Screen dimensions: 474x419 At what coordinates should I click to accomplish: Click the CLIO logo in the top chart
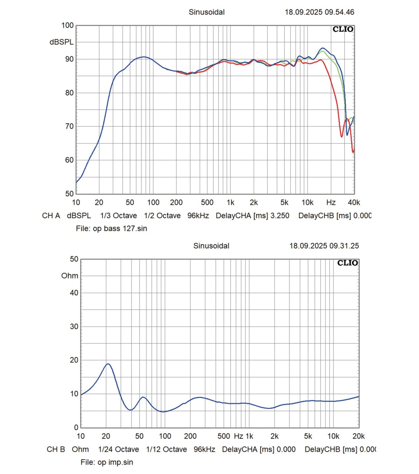click(343, 29)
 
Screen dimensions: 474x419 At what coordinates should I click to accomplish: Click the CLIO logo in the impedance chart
click(348, 263)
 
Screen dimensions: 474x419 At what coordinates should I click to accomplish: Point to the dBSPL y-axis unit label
click(61, 42)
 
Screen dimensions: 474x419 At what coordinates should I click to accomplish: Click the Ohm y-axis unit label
click(70, 276)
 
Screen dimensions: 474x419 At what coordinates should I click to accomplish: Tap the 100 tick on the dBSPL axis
click(67, 25)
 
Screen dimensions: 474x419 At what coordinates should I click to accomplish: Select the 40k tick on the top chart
click(354, 203)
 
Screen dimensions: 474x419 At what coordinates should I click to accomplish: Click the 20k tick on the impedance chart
click(359, 436)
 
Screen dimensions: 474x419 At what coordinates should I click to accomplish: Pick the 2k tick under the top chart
click(254, 203)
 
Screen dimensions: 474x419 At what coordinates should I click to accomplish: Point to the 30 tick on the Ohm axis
click(74, 326)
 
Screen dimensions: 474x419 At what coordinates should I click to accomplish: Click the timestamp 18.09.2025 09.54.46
click(319, 12)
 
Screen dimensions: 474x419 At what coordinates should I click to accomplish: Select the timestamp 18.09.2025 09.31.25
click(324, 246)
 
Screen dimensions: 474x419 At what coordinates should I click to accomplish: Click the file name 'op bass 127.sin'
click(120, 228)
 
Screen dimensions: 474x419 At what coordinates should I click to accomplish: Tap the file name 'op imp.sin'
click(115, 462)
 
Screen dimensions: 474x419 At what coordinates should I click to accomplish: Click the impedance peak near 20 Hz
click(108, 364)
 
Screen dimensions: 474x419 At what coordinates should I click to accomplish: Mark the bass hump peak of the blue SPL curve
click(144, 57)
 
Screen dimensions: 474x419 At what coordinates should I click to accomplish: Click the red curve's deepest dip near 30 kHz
click(342, 137)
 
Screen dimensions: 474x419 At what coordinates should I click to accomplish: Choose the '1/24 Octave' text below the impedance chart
click(118, 449)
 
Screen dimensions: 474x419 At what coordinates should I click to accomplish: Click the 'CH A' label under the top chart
click(51, 216)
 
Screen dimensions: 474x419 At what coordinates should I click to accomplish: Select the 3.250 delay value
click(280, 216)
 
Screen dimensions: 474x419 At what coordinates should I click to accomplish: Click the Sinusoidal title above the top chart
click(207, 12)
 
